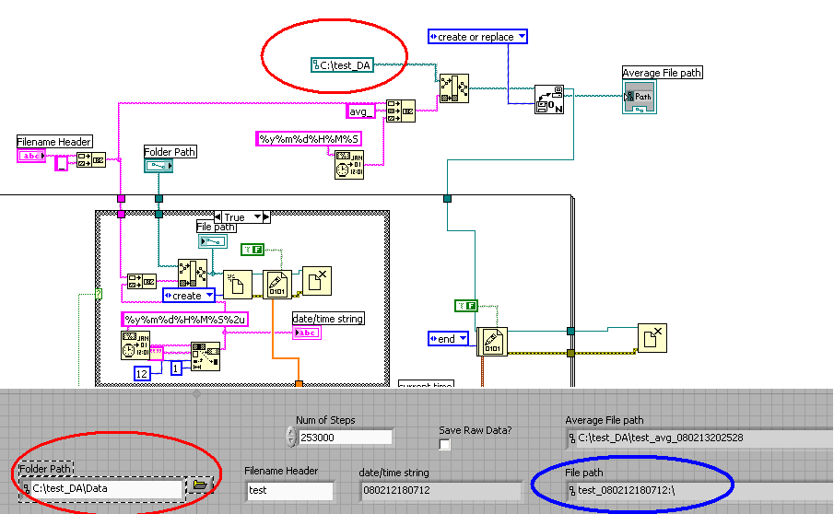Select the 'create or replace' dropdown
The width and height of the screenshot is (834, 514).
click(x=477, y=37)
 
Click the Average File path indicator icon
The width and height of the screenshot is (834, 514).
click(x=640, y=96)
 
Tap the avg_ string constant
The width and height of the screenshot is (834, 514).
click(x=360, y=111)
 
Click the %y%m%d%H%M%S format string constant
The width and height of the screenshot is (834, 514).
click(x=308, y=138)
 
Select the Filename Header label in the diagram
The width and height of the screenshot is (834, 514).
click(x=54, y=142)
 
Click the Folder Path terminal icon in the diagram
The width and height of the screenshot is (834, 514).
click(x=159, y=166)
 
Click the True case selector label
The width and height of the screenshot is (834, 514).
click(x=234, y=217)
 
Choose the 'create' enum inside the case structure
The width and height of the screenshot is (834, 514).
click(x=188, y=296)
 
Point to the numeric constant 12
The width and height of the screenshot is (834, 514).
click(x=142, y=372)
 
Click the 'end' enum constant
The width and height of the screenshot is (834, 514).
click(x=447, y=339)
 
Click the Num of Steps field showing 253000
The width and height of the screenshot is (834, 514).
click(x=347, y=438)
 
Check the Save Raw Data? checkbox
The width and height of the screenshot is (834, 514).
click(x=445, y=445)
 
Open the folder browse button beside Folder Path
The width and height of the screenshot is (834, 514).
click(x=200, y=484)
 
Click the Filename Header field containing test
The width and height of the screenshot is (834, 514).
click(x=289, y=490)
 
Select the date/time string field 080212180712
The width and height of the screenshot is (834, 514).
click(x=439, y=490)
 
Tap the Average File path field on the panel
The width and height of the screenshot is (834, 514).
click(x=698, y=438)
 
